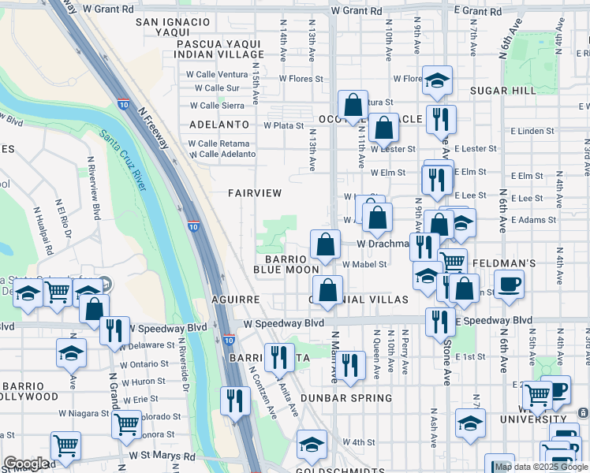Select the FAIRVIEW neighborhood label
coord(255,192)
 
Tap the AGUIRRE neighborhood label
coord(236,300)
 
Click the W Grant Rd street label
coord(357,12)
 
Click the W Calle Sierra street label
coord(217,105)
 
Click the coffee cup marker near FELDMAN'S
coord(509,283)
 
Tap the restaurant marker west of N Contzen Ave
coord(234,400)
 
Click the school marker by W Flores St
coord(437,80)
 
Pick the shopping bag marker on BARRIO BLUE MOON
coord(325,244)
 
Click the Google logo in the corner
coord(26,464)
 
